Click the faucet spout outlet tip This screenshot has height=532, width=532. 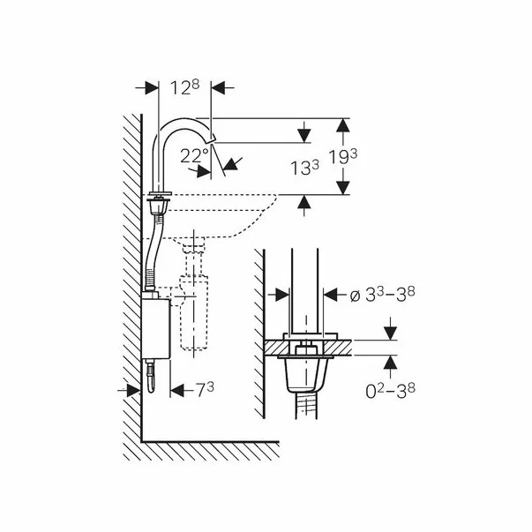click(214, 138)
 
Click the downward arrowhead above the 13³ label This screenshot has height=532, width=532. click(304, 136)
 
